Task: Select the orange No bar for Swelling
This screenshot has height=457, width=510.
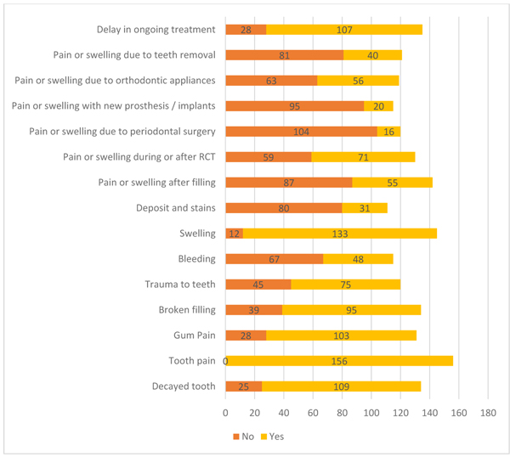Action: [x=234, y=234]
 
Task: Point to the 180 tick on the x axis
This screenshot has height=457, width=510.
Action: [x=488, y=414]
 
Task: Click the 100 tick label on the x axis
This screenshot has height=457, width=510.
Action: [x=371, y=414]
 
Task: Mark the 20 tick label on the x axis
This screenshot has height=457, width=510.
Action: [x=255, y=414]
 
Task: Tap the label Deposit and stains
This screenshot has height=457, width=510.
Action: [x=176, y=208]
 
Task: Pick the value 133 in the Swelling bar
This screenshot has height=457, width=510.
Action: [x=339, y=234]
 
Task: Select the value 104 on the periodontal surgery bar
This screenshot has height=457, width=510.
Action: [x=300, y=132]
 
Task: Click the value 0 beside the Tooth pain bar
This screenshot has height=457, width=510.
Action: [x=225, y=361]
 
